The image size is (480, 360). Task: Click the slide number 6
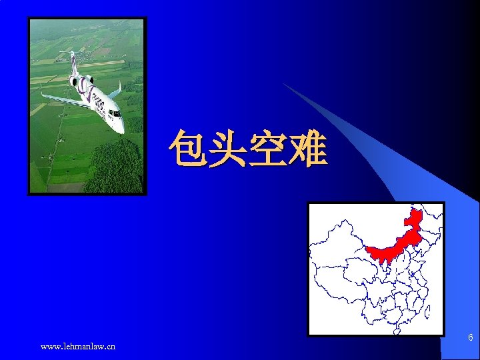[470, 338]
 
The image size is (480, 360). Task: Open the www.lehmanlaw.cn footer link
[78, 346]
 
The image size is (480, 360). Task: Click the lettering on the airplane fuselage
[98, 103]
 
